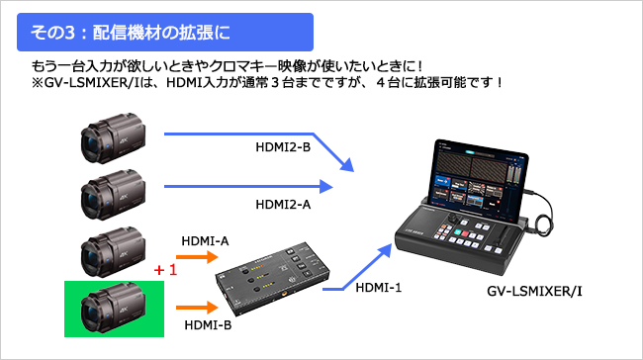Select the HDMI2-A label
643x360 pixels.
coord(283,205)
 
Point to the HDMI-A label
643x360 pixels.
coord(206,240)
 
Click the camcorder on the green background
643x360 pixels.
coord(108,308)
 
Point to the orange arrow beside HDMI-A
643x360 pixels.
coord(199,257)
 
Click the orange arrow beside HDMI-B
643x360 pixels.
coord(199,305)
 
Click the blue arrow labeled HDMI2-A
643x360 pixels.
coord(247,185)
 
